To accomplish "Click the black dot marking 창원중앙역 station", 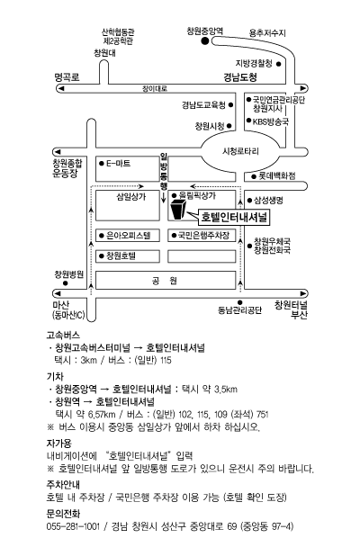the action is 205,41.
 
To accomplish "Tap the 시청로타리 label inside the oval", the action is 240,151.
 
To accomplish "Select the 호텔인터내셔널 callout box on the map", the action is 234,217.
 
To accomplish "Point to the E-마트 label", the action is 119,164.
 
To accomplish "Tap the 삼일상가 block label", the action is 131,196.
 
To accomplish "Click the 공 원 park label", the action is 164,281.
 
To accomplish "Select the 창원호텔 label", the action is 121,256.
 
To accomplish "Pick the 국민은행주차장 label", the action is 203,235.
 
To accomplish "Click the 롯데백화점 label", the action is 277,175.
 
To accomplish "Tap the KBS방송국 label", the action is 271,121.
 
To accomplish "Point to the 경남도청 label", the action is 240,77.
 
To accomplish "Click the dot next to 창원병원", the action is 66,283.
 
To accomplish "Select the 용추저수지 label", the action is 267,33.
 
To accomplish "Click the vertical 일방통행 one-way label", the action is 164,171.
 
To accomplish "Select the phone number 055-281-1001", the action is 73,526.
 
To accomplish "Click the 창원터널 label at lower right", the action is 291,305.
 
